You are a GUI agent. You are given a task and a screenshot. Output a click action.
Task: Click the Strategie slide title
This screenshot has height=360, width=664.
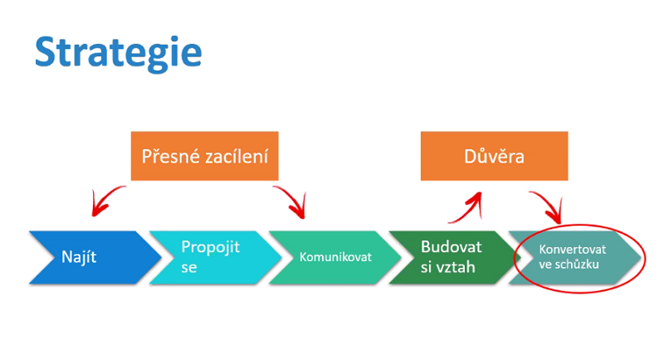tap(118, 51)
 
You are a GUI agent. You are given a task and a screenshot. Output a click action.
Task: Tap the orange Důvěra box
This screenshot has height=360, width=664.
tap(494, 156)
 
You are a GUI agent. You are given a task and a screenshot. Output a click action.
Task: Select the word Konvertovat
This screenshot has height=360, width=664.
tap(573, 249)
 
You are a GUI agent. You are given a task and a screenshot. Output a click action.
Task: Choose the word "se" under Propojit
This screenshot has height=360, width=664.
tap(190, 268)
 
